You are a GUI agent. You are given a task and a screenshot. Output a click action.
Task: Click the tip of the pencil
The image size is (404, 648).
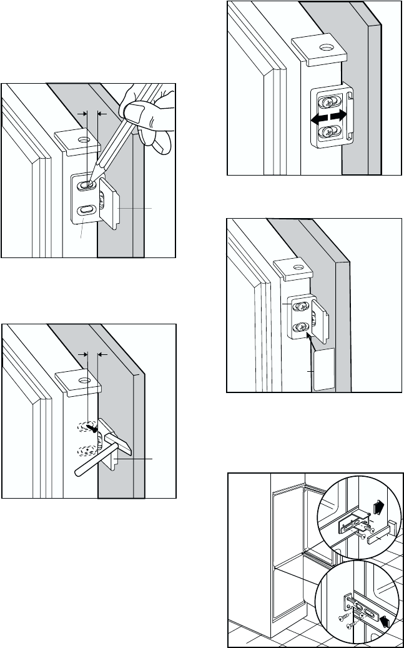click(x=90, y=185)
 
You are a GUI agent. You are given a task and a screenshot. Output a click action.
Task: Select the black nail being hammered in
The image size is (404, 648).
click(x=93, y=429)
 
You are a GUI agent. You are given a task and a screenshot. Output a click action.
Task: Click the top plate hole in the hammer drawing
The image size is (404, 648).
click(x=81, y=379)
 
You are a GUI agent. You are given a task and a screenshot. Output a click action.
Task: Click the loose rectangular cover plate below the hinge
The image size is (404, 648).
click(x=322, y=370)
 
